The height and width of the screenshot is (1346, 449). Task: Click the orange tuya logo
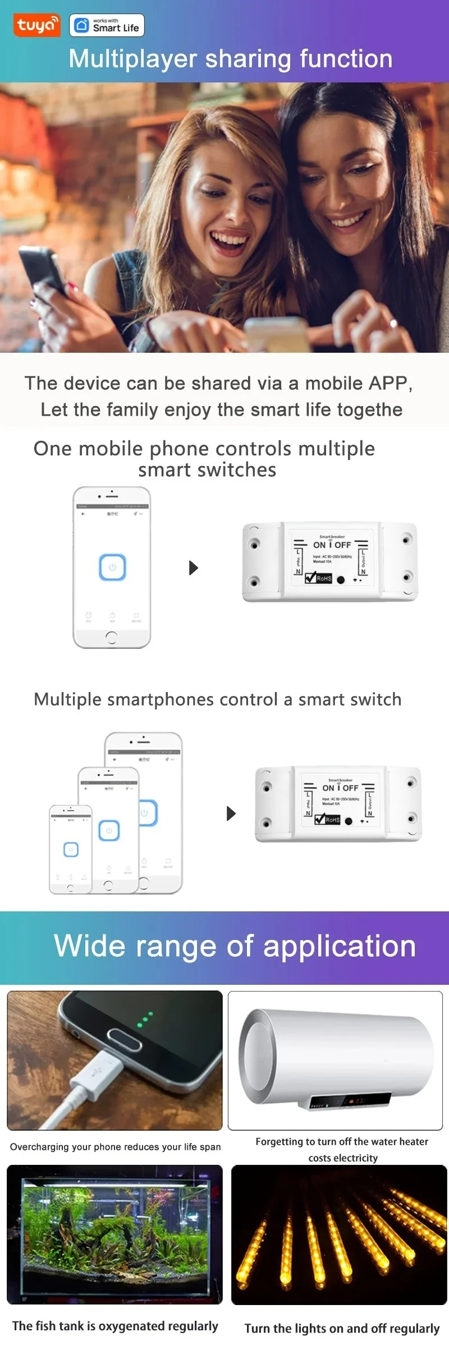pyautogui.click(x=36, y=25)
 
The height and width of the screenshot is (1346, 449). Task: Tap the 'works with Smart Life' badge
pyautogui.click(x=107, y=25)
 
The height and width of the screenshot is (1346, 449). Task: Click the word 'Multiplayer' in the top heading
pyautogui.click(x=132, y=59)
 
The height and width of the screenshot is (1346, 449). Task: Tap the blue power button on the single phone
pyautogui.click(x=112, y=567)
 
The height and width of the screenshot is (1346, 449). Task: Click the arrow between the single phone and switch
pyautogui.click(x=194, y=568)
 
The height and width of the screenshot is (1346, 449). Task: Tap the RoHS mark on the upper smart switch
pyautogui.click(x=319, y=578)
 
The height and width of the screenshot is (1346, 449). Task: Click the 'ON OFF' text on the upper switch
pyautogui.click(x=332, y=545)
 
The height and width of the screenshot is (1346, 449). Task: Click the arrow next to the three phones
pyautogui.click(x=231, y=813)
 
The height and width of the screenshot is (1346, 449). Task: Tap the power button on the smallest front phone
pyautogui.click(x=71, y=850)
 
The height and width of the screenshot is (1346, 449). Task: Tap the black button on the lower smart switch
pyautogui.click(x=349, y=821)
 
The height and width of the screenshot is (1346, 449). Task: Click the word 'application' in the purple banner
pyautogui.click(x=339, y=947)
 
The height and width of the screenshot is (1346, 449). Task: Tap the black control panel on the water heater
pyautogui.click(x=351, y=1101)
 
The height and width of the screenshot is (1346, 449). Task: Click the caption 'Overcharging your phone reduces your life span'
pyautogui.click(x=115, y=1147)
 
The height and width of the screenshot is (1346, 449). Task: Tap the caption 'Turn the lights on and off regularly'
pyautogui.click(x=342, y=1328)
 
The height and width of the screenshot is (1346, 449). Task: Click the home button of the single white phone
pyautogui.click(x=111, y=637)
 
